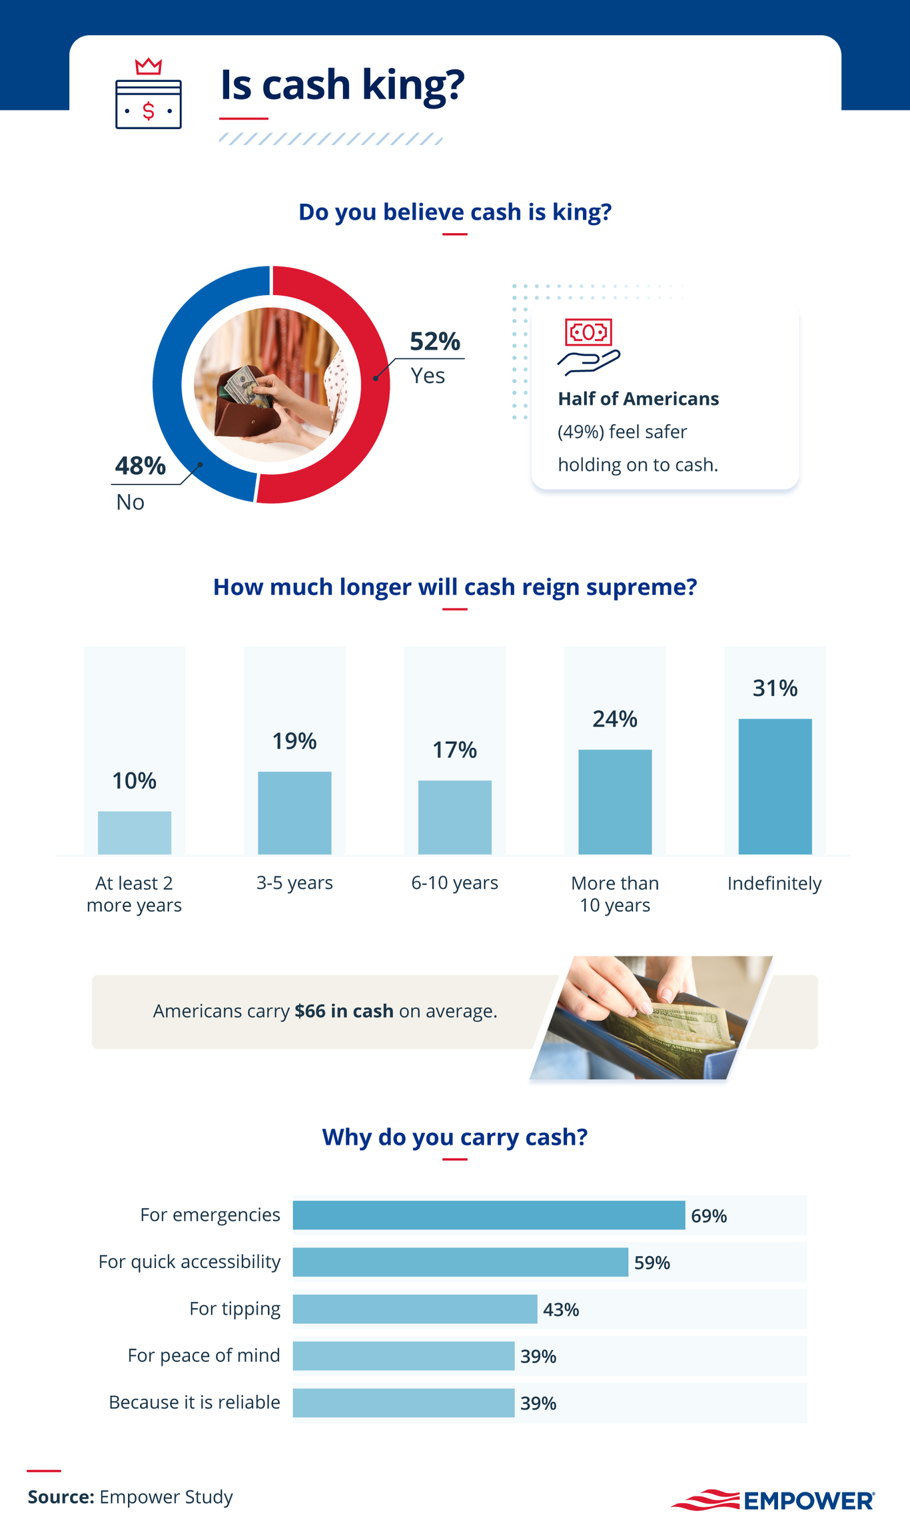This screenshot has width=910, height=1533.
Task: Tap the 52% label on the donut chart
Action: click(x=434, y=341)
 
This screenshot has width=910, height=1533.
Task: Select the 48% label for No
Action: click(x=140, y=465)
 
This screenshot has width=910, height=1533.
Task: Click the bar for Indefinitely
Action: click(x=775, y=786)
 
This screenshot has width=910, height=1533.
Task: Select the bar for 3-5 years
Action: click(x=294, y=812)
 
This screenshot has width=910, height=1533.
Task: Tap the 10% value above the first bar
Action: click(x=134, y=780)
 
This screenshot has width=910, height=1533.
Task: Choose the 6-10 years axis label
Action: click(x=454, y=882)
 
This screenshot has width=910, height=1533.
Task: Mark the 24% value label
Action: click(x=615, y=719)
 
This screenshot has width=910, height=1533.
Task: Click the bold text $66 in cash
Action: click(x=344, y=1011)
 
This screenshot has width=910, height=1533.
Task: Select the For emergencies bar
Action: click(x=488, y=1215)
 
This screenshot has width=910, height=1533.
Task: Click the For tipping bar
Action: click(x=414, y=1309)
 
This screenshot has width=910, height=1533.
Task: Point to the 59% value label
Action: click(x=652, y=1263)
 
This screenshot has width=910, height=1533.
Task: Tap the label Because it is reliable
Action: click(x=194, y=1402)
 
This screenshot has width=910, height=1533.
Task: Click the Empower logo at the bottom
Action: click(x=772, y=1500)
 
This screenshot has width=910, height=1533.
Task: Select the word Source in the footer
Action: click(x=61, y=1497)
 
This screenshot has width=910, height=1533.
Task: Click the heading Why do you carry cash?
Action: click(x=454, y=1137)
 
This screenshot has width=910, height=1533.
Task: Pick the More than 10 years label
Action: click(x=614, y=894)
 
